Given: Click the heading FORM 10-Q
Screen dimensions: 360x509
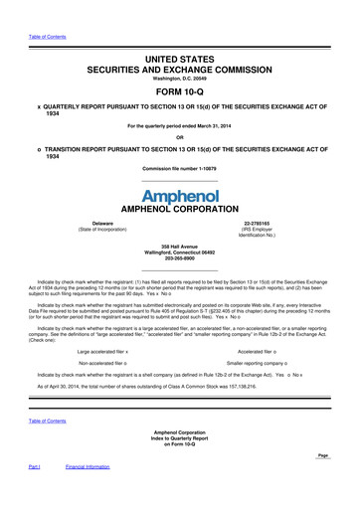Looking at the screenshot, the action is [x=179, y=71].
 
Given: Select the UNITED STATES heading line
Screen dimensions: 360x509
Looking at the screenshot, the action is [x=179, y=33].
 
